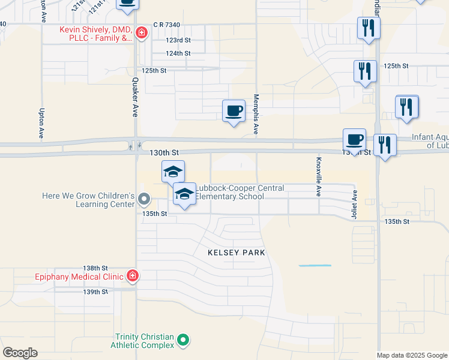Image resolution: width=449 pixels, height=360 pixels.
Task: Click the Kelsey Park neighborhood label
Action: (x=236, y=253)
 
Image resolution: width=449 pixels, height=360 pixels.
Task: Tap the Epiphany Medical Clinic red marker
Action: (x=133, y=276)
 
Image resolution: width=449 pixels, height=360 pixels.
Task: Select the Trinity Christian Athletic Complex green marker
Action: (x=184, y=341)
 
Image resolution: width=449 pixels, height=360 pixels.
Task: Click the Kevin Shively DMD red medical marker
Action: (x=142, y=32)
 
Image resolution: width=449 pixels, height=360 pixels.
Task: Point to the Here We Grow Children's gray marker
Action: (x=143, y=198)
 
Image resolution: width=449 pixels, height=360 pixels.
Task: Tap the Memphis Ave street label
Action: (x=256, y=113)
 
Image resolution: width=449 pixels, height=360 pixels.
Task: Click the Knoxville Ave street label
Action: (x=319, y=177)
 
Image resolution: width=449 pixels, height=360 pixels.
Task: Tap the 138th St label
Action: (x=95, y=268)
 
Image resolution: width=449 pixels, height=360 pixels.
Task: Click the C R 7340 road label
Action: (x=166, y=25)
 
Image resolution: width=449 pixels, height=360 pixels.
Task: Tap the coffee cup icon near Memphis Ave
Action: (x=234, y=111)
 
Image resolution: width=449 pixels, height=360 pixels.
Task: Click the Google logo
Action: (x=20, y=353)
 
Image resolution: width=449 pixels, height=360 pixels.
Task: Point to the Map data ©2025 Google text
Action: (x=411, y=355)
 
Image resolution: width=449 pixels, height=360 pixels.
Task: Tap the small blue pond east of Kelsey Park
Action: (x=315, y=265)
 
